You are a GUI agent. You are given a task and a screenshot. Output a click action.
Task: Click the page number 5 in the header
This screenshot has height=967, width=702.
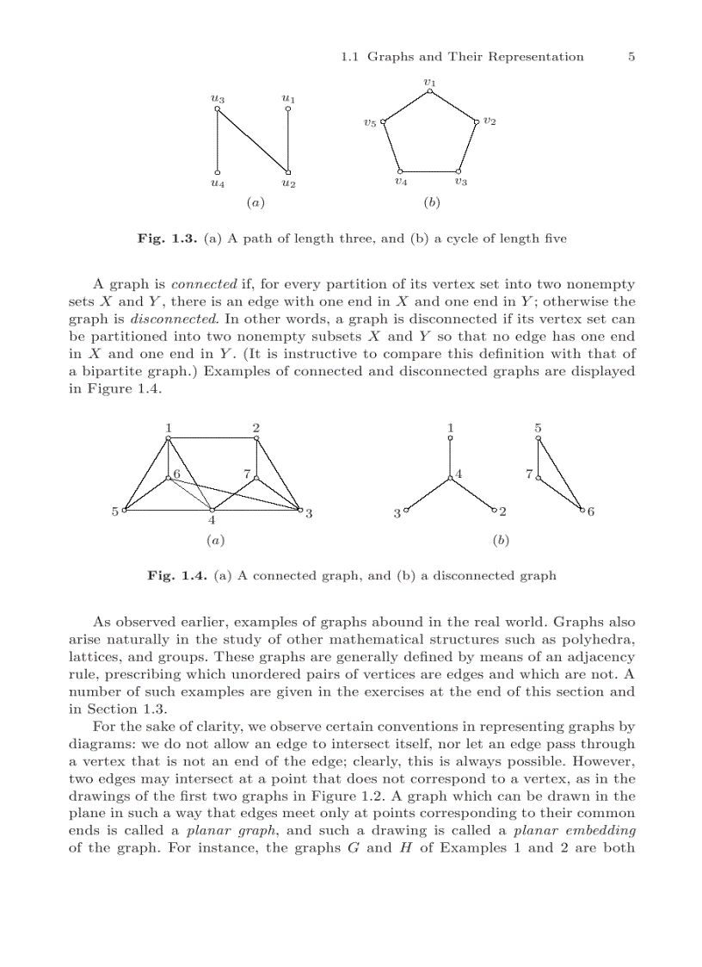[631, 57]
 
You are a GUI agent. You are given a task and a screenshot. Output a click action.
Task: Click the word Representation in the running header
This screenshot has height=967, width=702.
[535, 57]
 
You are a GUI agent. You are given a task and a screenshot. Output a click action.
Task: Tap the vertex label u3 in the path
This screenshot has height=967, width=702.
[218, 99]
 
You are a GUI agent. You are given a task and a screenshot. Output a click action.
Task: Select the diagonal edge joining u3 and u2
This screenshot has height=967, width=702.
[253, 139]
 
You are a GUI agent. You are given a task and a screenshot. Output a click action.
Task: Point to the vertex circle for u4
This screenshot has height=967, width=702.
[219, 172]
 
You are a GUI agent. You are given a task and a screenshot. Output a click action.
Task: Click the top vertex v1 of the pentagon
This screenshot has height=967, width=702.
[429, 90]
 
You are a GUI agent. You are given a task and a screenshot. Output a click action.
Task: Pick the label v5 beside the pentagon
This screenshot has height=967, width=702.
[369, 124]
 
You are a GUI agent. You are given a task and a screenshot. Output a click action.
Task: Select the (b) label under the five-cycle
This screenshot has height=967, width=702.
[431, 203]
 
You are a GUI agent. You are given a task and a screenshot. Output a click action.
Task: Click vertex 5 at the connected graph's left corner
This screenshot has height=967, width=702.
[125, 511]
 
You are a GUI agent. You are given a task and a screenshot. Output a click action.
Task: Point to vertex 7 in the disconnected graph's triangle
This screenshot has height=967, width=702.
[538, 478]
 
